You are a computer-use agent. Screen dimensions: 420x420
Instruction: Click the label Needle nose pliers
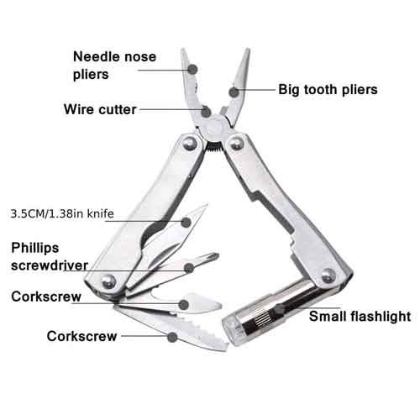coord(114,66)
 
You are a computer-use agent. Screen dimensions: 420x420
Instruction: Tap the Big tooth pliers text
coord(328,90)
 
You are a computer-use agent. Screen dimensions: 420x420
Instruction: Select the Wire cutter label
coord(100,109)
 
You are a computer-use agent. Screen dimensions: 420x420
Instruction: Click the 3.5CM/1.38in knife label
coord(62,213)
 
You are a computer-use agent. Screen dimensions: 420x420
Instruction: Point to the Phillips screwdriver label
coord(50,256)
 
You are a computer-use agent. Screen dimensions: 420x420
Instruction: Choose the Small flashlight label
coord(360,317)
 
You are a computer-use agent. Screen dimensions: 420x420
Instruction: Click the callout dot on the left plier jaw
coord(192,69)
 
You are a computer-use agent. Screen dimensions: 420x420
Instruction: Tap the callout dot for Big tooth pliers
coord(234,92)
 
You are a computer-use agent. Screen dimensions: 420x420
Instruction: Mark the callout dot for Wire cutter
coord(206,112)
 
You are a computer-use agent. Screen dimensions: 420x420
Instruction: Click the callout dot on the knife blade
coord(186,223)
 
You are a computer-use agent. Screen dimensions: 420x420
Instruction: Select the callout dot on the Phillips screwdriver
coord(189,268)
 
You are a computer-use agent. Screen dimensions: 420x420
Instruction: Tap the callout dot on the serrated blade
coord(172,337)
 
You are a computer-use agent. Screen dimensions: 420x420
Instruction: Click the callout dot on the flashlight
coord(279,309)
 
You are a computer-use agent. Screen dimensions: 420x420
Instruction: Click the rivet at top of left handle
coord(190,143)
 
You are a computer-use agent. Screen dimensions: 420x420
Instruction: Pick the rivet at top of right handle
coord(236,143)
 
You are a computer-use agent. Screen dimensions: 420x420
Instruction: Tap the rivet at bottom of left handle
coord(108,281)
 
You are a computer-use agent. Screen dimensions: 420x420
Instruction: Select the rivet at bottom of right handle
coord(328,276)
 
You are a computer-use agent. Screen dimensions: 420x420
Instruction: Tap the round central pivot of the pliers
coord(214,128)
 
